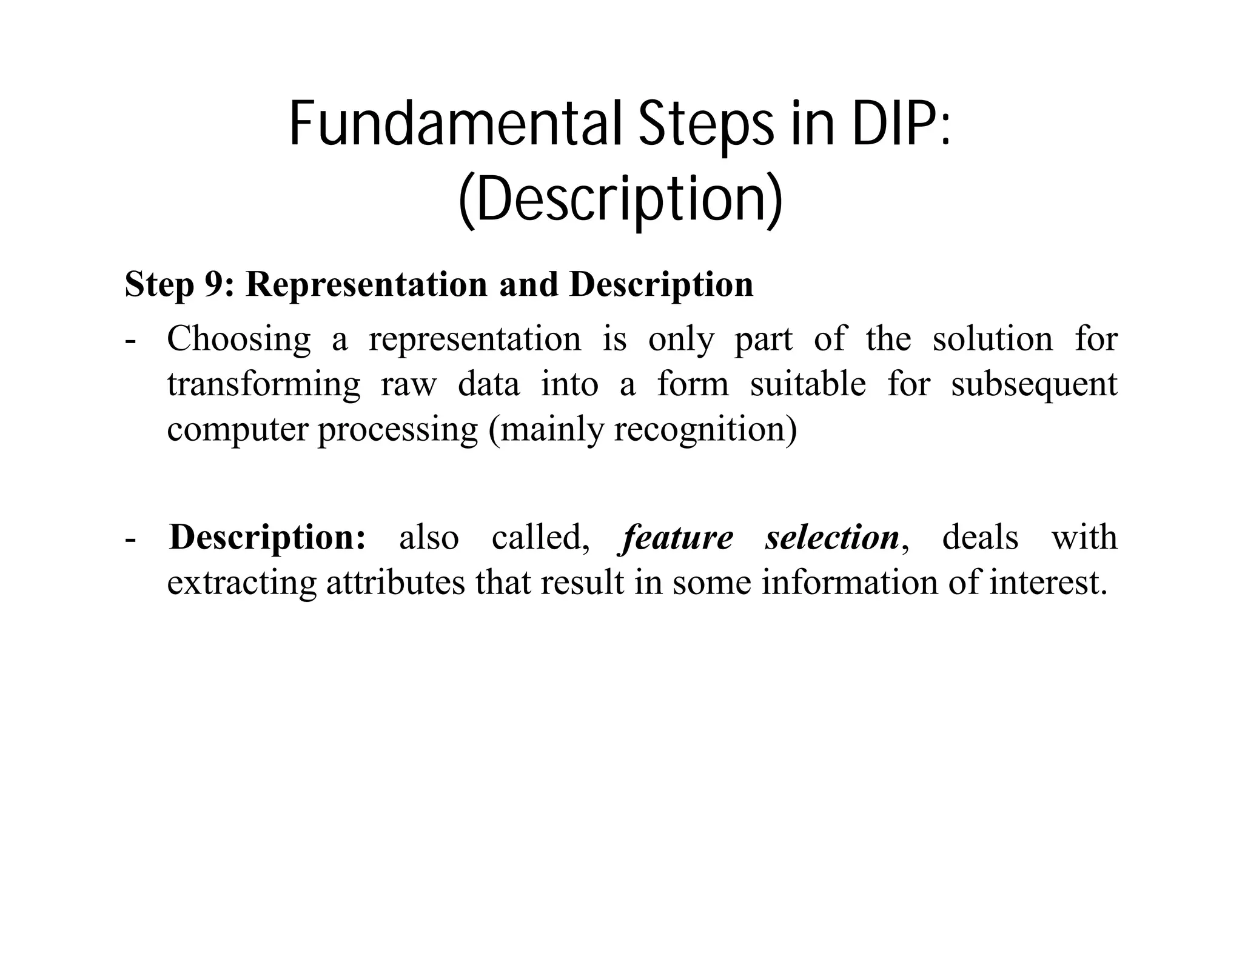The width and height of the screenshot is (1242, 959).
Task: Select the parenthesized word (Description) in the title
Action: [x=620, y=200]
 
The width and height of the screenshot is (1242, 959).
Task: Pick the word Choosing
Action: [x=239, y=339]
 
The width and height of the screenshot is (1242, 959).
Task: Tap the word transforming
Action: [x=264, y=384]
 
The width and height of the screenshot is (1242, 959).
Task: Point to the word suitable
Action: [x=808, y=384]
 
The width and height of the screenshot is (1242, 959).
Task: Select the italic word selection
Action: [x=832, y=538]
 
